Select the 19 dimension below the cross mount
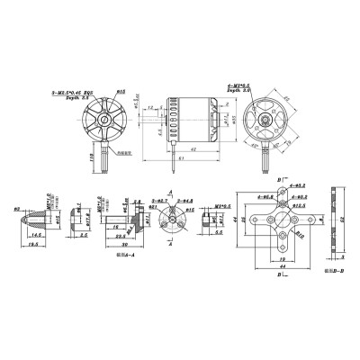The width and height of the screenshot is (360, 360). (283, 260)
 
